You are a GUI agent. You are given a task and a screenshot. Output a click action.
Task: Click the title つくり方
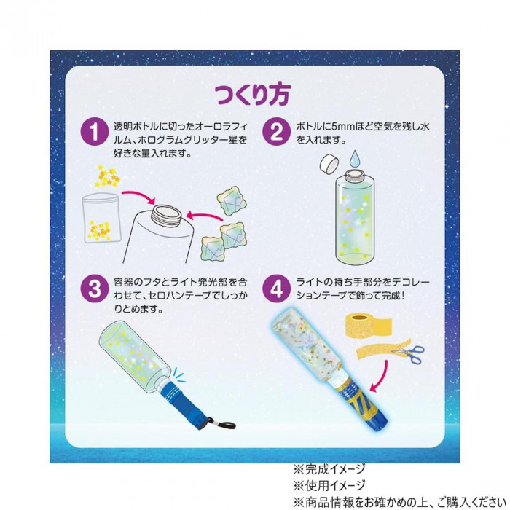coord(253,95)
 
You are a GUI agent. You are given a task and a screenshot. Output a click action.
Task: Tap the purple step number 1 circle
coord(94,132)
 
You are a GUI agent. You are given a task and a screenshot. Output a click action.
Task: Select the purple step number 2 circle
coord(276,132)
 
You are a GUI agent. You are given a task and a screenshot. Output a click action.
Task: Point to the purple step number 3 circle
coord(94,289)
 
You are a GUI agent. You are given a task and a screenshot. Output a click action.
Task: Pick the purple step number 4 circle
coord(276,289)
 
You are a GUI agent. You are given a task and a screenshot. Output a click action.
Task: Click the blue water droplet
coord(356,160)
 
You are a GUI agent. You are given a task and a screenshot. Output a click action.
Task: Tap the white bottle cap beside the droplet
coord(329,163)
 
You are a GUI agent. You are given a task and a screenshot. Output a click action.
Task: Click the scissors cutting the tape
coord(409,353)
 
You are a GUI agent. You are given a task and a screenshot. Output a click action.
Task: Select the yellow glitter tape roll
coord(369,323)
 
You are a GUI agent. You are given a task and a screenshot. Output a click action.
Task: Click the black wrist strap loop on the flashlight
coord(224,425)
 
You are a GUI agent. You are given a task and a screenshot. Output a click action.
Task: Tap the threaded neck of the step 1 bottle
coord(167,214)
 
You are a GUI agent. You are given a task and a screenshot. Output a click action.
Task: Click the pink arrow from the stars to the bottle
coord(138,197)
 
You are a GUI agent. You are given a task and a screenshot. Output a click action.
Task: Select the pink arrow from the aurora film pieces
coord(205,216)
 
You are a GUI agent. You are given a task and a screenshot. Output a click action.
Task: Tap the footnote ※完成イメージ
coord(329,469)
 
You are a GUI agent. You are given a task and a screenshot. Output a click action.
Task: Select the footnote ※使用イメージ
coord(329,486)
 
